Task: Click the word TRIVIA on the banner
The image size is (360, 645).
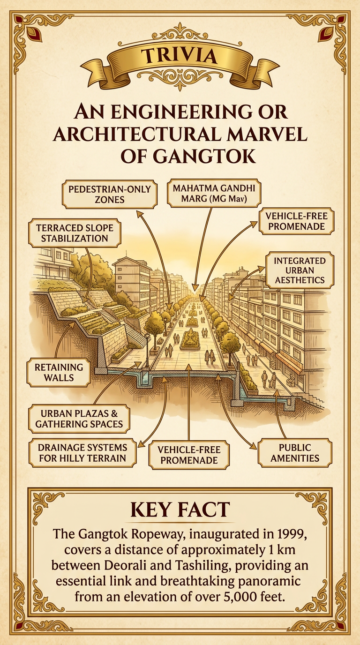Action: tap(180, 56)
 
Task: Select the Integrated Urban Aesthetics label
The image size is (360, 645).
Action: tap(300, 270)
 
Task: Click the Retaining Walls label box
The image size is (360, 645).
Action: tap(59, 372)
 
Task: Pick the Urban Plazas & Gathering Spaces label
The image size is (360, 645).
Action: tap(78, 419)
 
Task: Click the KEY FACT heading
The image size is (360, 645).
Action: tap(180, 510)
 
